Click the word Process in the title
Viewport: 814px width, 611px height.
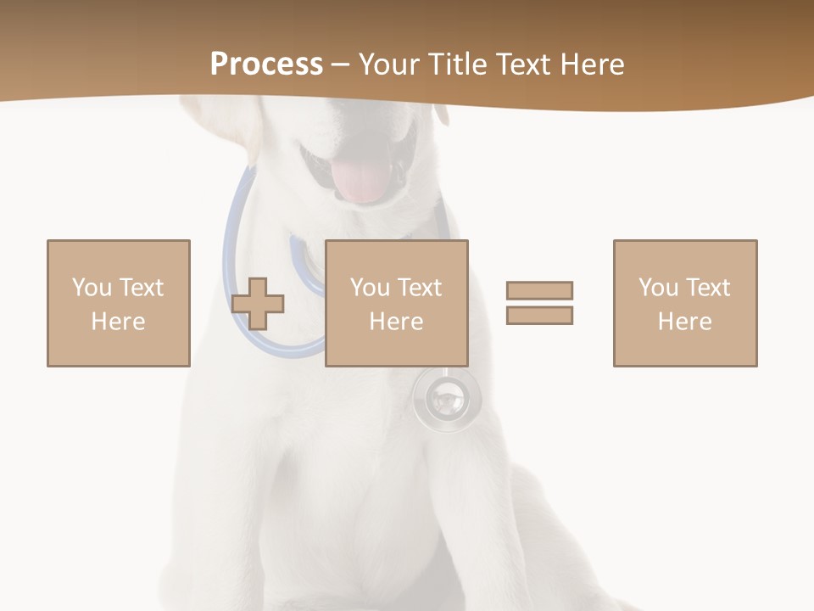click(x=266, y=64)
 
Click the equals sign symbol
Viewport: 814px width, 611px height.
click(x=539, y=303)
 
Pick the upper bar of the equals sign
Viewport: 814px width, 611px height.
click(x=539, y=290)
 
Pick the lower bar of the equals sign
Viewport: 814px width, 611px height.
click(x=539, y=315)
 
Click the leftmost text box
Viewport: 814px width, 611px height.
click(x=119, y=303)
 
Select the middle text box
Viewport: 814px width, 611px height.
click(x=397, y=303)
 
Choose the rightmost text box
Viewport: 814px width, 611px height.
click(x=685, y=303)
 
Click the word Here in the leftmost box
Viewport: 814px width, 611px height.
click(x=119, y=322)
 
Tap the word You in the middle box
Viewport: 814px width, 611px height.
click(x=370, y=288)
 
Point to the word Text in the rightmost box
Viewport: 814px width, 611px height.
click(x=706, y=288)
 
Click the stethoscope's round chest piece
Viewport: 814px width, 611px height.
click(x=446, y=396)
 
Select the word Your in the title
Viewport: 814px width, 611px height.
click(x=391, y=64)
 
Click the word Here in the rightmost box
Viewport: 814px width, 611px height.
click(x=685, y=322)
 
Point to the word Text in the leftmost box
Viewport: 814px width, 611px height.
click(x=140, y=288)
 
